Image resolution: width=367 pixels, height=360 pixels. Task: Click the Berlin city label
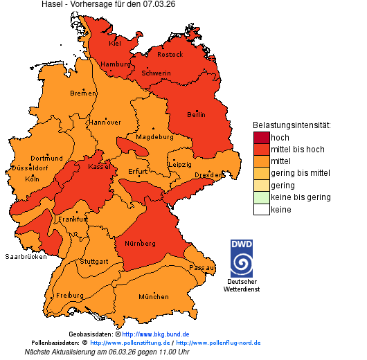pos(197,114)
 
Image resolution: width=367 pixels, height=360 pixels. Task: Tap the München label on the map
pos(153,297)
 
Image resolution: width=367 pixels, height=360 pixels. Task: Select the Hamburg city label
pos(115,64)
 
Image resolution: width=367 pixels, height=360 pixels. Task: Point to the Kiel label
pos(114,44)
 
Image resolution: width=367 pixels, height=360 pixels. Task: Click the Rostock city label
pos(170,54)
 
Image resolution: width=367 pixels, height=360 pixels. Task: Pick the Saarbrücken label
pos(26,256)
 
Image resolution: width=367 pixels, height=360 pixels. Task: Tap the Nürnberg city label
pos(140,244)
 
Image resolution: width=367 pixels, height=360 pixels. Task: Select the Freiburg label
pos(69,295)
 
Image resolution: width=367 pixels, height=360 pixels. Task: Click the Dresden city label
pos(208,176)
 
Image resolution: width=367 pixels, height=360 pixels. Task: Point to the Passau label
pos(202,267)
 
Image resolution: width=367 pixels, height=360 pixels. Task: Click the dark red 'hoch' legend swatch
pos(261,138)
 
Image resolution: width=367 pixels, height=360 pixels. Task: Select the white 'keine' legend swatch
pos(261,210)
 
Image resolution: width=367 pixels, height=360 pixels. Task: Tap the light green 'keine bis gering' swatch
pos(261,198)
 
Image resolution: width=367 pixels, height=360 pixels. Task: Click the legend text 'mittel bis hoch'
pos(297,150)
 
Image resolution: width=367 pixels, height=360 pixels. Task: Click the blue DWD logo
pos(241,258)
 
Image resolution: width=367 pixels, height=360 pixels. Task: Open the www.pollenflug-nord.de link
pos(218,343)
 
